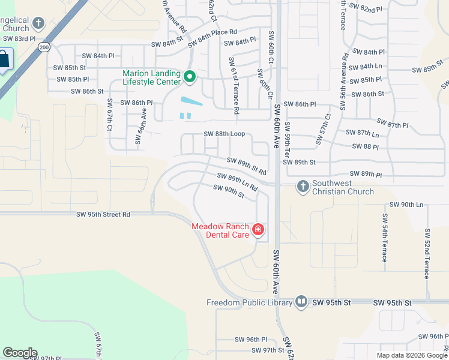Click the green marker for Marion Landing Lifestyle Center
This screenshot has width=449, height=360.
(x=190, y=77)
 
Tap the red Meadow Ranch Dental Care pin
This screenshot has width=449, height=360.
(x=258, y=230)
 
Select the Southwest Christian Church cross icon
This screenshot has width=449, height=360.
(x=302, y=186)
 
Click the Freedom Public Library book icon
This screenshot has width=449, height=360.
(x=301, y=302)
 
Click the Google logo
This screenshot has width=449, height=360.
(x=19, y=353)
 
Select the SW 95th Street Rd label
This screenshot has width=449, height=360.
(x=103, y=214)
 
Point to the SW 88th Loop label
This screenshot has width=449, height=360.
(x=224, y=134)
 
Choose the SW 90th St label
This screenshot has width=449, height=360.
(x=229, y=191)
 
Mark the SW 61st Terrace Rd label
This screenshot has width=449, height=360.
(x=234, y=86)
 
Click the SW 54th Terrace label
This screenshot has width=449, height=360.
(x=384, y=238)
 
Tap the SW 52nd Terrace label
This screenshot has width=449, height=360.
(x=427, y=253)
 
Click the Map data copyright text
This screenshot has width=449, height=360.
(x=411, y=355)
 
